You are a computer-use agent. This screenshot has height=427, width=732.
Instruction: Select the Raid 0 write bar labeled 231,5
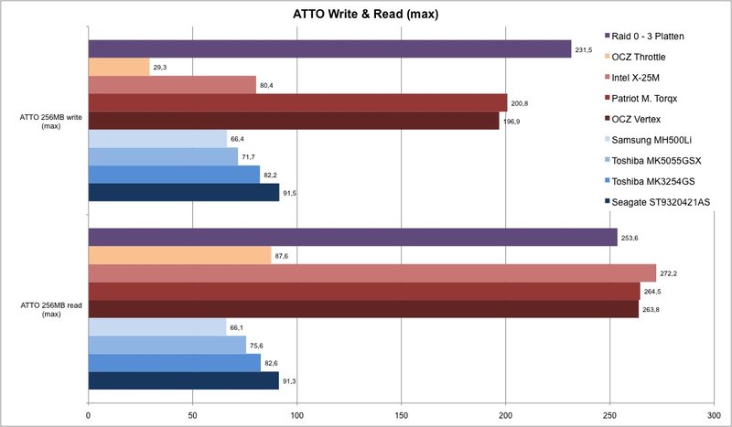tap(329, 49)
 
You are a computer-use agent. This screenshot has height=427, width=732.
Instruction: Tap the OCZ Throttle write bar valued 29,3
tap(118, 67)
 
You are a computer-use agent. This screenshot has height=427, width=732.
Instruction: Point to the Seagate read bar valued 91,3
tap(183, 380)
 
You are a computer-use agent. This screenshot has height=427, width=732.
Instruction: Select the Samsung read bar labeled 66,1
tap(156, 326)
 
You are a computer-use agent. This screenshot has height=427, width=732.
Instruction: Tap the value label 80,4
tap(269, 85)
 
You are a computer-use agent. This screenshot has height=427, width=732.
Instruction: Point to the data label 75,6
tap(259, 345)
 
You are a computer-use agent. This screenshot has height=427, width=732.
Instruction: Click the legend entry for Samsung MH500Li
tap(655, 142)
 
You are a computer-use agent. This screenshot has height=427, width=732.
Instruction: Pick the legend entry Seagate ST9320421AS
tap(664, 201)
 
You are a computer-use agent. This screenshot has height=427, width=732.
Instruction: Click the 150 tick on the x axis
tap(402, 414)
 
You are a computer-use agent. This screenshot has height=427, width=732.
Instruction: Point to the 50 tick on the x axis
tap(192, 414)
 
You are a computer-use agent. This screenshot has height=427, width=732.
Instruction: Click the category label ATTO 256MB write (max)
tap(46, 121)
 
